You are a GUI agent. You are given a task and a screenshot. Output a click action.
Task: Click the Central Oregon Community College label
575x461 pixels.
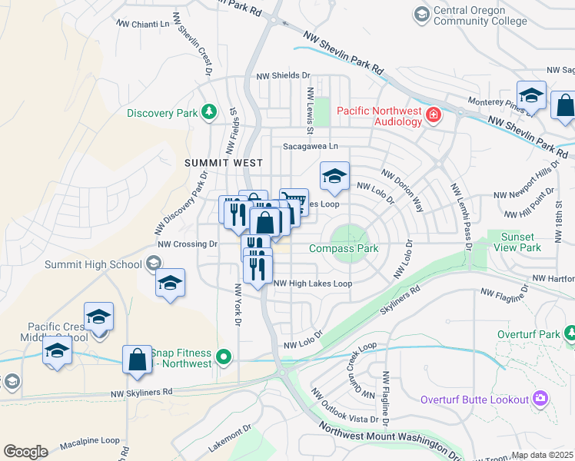point(470,15)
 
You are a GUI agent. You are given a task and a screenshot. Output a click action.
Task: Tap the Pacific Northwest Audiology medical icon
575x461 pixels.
point(434,115)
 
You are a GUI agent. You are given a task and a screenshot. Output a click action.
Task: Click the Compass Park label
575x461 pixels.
point(344,248)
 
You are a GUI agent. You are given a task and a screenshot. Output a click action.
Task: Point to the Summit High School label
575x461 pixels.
point(93,264)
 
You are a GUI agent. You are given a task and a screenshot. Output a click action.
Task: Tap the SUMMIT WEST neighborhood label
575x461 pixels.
point(213,163)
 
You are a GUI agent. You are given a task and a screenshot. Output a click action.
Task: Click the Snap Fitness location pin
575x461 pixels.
point(224,357)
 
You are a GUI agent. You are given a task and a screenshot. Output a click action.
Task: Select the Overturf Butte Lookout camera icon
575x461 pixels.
point(540,398)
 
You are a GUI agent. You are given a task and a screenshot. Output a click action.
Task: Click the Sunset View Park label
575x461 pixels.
point(521,242)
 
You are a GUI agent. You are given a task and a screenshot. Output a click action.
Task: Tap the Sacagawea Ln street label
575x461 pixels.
point(311,145)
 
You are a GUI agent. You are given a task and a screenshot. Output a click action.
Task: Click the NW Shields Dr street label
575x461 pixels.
point(282,75)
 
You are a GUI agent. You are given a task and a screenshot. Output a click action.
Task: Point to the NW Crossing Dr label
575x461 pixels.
point(188,244)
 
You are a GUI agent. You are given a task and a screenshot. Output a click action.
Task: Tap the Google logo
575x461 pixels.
point(25,451)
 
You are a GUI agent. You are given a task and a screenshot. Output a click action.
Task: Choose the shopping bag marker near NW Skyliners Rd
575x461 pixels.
point(137,361)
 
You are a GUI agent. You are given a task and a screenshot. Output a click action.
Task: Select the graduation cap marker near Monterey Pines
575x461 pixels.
point(531,95)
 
